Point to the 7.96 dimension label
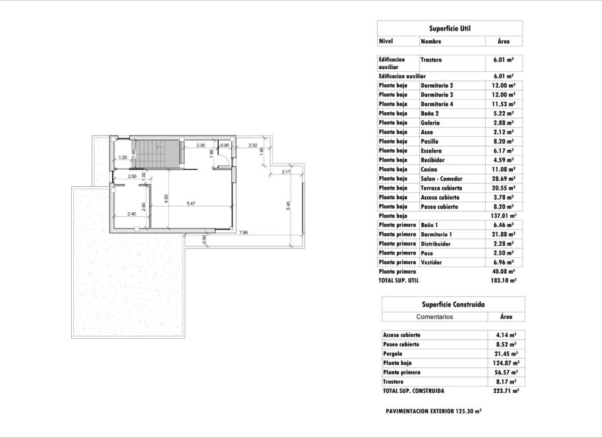click(243, 232)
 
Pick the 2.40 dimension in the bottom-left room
click(132, 214)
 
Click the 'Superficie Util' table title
click(449, 28)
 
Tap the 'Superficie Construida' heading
click(449, 305)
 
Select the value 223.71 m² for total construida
click(505, 391)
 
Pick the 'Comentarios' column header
click(435, 318)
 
